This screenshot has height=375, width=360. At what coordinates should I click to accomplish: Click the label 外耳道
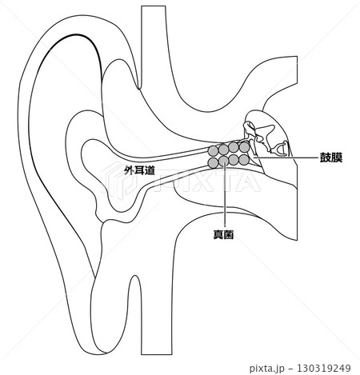tap(140, 170)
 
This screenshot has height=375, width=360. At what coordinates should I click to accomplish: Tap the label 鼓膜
tap(331, 158)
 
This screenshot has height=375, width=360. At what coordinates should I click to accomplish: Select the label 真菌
tap(223, 234)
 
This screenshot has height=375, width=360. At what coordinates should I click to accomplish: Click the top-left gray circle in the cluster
tap(213, 151)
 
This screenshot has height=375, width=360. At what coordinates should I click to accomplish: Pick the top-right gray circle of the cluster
tap(244, 147)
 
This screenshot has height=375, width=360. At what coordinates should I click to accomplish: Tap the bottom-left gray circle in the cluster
tap(213, 163)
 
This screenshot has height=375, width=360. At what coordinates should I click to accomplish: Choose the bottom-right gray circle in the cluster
tap(244, 160)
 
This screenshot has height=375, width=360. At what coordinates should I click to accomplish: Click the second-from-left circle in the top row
tap(223, 149)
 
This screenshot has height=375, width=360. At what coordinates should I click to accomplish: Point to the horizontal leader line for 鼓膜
tap(286, 158)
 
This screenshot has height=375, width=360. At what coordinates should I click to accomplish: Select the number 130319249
tap(323, 368)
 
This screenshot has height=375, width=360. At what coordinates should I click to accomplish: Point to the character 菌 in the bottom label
tap(229, 234)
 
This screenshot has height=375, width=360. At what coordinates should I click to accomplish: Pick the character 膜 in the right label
tap(337, 158)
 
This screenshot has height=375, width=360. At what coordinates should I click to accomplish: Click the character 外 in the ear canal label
tap(130, 170)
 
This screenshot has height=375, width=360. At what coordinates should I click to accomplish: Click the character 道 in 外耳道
tap(150, 170)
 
